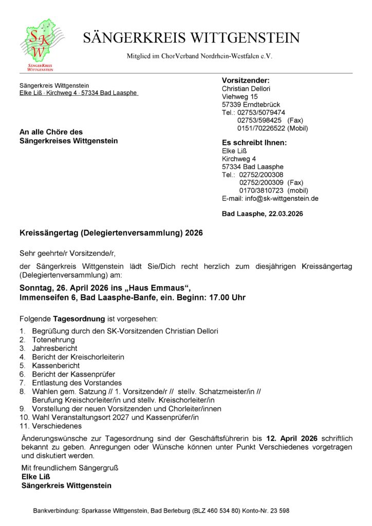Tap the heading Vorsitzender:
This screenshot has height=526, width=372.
(x=246, y=80)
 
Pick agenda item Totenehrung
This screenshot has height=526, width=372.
(x=53, y=340)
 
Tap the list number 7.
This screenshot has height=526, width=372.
(x=22, y=383)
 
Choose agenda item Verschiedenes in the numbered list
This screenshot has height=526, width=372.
(x=57, y=426)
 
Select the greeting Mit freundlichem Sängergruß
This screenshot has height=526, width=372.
(x=69, y=468)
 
